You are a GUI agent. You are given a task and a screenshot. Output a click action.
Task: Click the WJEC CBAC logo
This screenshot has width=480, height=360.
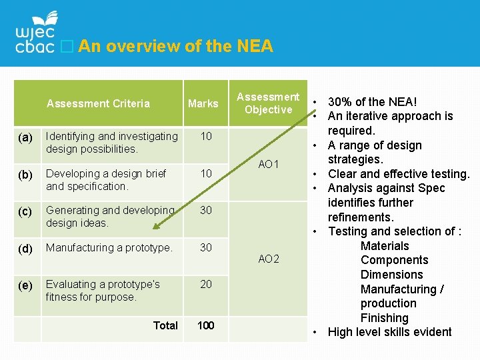click(x=36, y=32)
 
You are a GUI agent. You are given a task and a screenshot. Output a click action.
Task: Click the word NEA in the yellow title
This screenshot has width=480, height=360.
click(x=255, y=46)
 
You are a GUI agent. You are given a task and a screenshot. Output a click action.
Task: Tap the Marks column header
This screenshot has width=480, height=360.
click(x=203, y=103)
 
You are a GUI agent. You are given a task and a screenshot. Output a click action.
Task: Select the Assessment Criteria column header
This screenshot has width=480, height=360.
click(x=98, y=103)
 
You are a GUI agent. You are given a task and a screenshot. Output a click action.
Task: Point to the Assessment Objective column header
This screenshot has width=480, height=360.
click(x=268, y=103)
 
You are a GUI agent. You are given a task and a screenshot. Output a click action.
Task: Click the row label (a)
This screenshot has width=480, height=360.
click(x=25, y=137)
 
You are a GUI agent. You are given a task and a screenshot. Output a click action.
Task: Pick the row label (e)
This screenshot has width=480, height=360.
click(x=25, y=285)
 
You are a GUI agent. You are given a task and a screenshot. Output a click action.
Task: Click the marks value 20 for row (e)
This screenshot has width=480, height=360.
click(x=206, y=285)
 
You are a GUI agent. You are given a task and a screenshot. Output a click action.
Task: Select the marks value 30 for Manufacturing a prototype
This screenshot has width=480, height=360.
click(x=206, y=247)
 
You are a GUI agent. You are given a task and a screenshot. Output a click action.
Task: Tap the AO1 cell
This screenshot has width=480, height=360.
click(x=269, y=165)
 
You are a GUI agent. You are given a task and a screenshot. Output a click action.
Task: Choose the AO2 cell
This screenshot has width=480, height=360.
click(x=269, y=259)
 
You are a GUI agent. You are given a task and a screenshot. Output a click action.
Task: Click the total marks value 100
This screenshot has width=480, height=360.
click(x=206, y=325)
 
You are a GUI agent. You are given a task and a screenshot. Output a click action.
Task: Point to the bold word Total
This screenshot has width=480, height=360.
click(x=165, y=325)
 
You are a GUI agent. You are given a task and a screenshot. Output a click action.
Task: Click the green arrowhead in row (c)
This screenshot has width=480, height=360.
click(x=156, y=226)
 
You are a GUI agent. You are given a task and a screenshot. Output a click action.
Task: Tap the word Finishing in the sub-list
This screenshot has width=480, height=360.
click(x=385, y=318)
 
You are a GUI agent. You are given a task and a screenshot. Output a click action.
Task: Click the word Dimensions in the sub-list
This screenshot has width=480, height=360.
click(x=392, y=274)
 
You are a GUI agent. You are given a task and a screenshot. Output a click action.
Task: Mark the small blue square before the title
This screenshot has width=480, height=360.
click(x=67, y=46)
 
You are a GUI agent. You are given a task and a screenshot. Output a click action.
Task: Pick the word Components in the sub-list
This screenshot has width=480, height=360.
click(x=394, y=260)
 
